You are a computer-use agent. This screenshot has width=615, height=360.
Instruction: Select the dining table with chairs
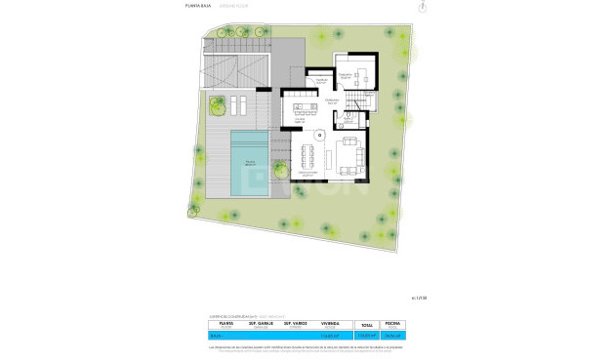(x=309, y=155)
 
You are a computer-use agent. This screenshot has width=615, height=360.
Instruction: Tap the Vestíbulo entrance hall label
(x=321, y=81)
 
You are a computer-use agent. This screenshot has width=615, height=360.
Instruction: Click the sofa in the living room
(x=349, y=154)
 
